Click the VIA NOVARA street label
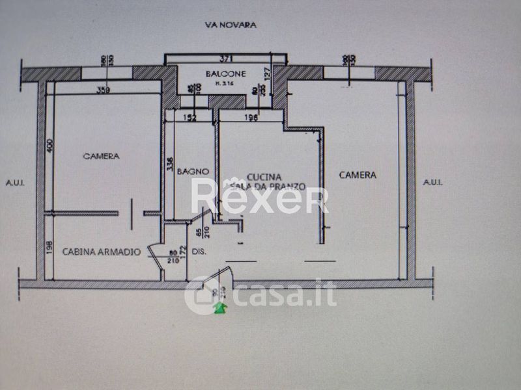[x=230, y=25]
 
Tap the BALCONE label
[x=225, y=74]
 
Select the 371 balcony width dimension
[x=226, y=58]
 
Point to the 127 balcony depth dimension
[x=266, y=73]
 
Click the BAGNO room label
[x=195, y=172]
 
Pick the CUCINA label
[x=264, y=177]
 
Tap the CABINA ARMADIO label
[x=101, y=251]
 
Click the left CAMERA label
[x=101, y=156]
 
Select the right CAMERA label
[x=358, y=175]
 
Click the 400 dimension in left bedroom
[x=50, y=148]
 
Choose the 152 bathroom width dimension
[x=190, y=118]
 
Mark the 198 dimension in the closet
[x=50, y=248]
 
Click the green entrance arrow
[x=221, y=307]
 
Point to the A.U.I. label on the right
[x=433, y=183]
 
